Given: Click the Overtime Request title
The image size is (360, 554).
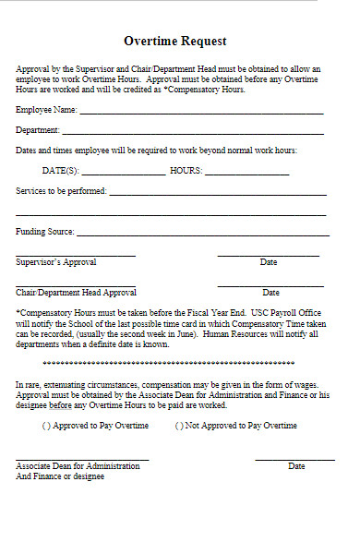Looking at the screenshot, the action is coord(174,42).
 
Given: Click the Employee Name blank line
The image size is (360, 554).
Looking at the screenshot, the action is coord(201,114).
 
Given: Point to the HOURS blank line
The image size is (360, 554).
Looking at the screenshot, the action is coord(246,175).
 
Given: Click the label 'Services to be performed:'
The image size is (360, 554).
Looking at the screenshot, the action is coord(62,191).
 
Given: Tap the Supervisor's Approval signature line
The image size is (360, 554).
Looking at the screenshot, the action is coord(76,256).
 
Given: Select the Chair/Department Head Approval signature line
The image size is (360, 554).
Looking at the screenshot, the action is coord(76,286).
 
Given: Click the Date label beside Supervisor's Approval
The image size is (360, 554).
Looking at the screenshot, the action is coord(269,263).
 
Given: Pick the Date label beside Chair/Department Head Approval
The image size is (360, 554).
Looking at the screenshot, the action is coord(270,293).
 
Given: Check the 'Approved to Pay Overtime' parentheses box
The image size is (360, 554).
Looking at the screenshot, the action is coord(46,426).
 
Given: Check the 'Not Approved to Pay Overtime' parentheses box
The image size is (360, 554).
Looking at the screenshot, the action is coord(180,426).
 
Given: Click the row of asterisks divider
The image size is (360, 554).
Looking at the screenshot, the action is coord(175,366).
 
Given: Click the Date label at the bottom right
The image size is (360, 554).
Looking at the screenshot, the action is coord(296,467).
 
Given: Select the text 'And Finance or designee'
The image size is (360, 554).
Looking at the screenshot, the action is coord(60,477).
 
